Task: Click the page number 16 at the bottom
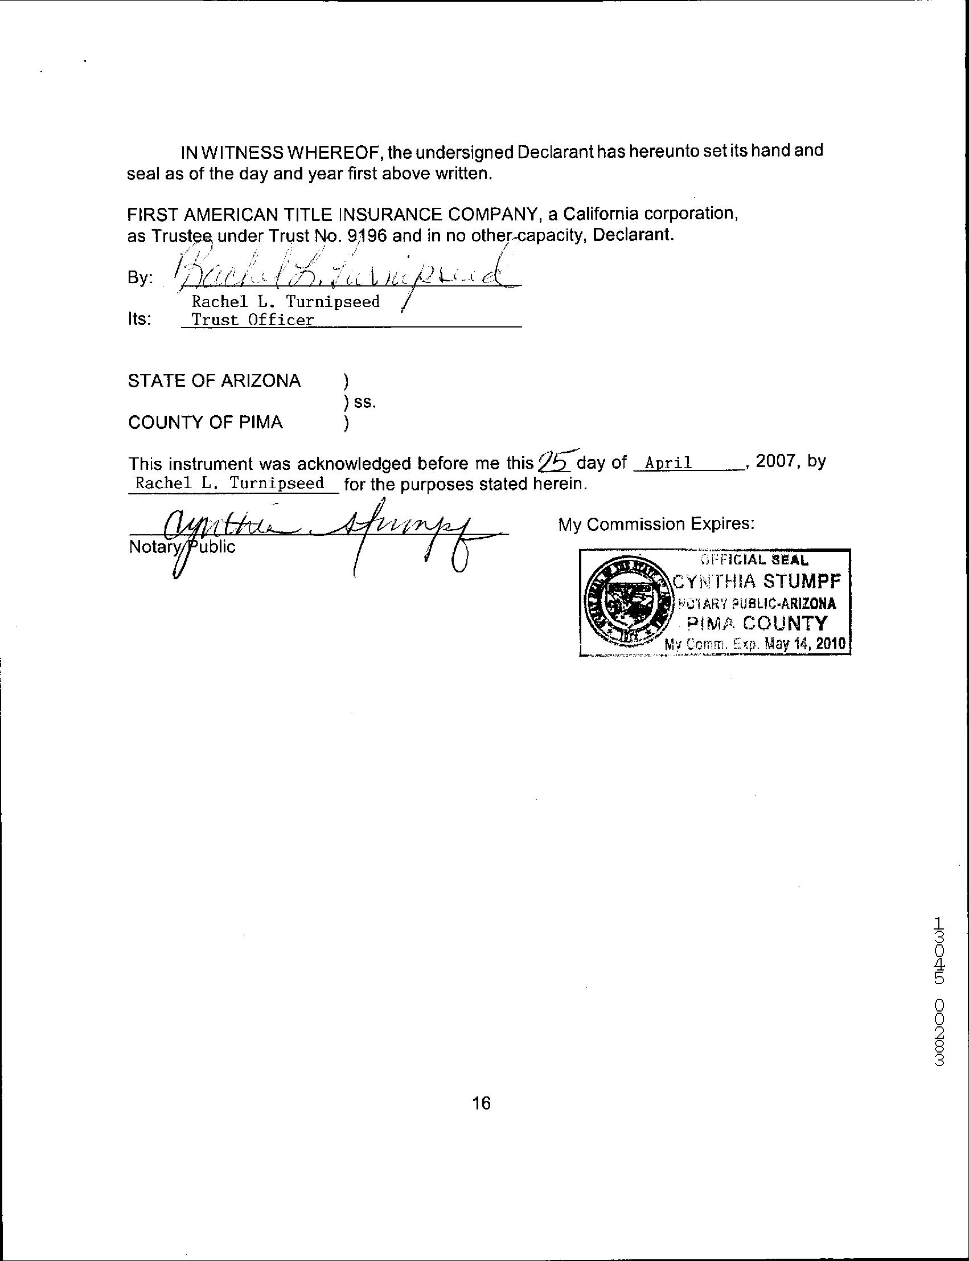(481, 1102)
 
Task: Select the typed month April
(668, 462)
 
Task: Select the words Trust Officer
(253, 320)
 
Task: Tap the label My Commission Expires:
(656, 524)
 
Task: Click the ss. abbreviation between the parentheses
(364, 402)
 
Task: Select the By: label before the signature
(140, 278)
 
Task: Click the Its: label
(139, 319)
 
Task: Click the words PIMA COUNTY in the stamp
(757, 623)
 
